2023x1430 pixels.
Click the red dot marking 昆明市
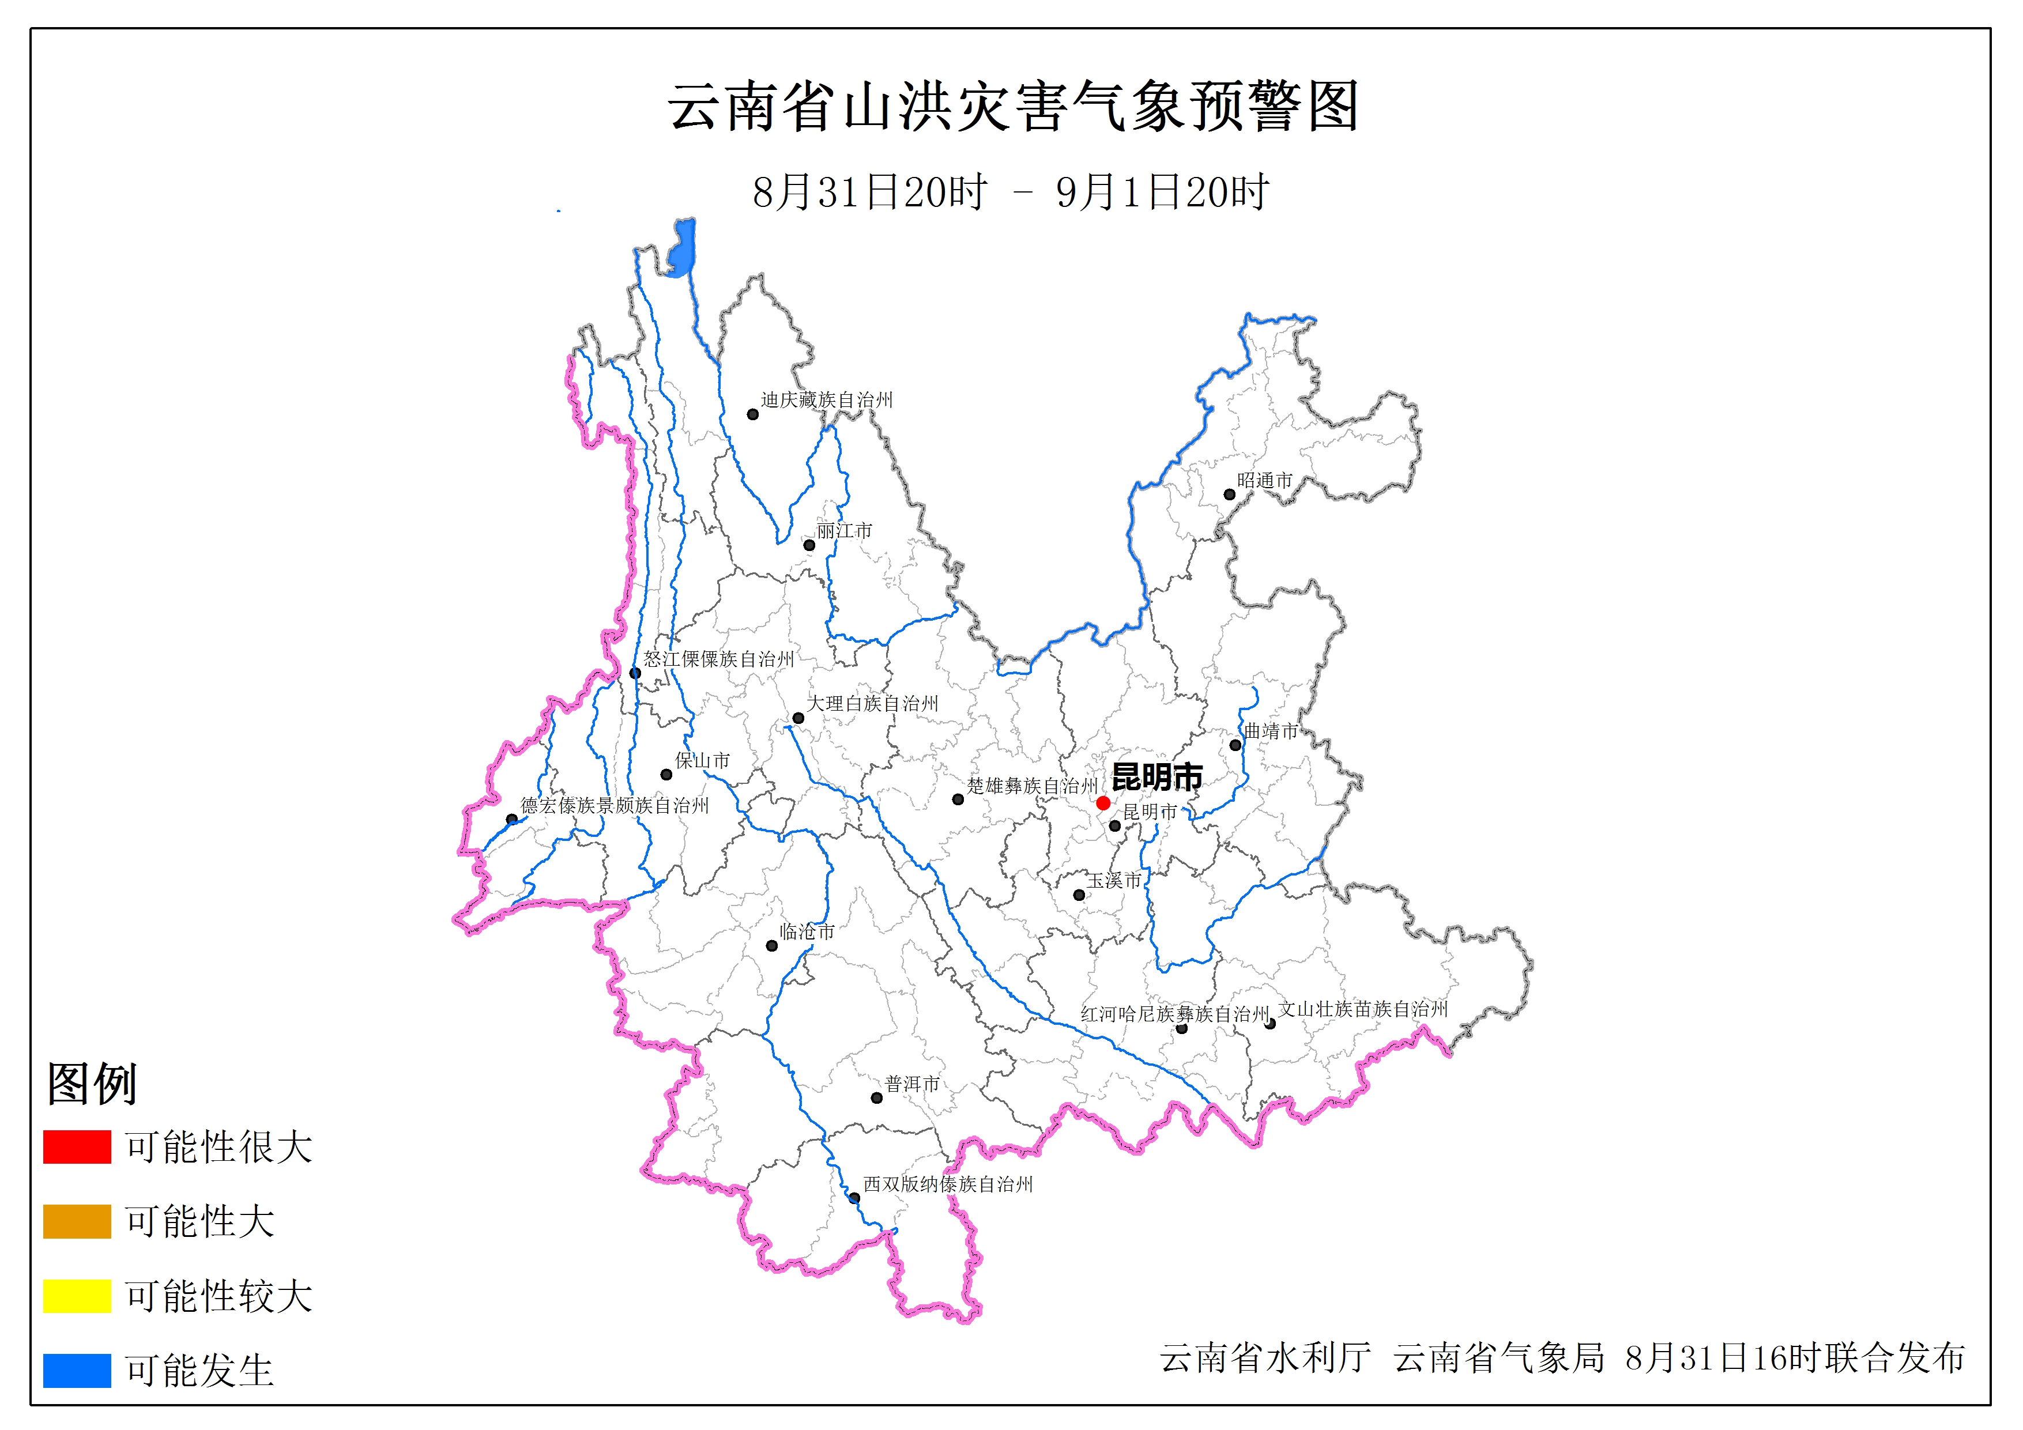point(1103,803)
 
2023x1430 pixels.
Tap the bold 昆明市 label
point(1157,777)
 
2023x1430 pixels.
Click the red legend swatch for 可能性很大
point(77,1146)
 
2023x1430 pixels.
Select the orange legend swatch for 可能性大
point(77,1221)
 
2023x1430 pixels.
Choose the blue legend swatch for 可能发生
point(77,1370)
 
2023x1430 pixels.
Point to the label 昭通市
point(1264,480)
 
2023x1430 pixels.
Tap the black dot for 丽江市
point(809,545)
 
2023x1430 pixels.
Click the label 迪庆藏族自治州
point(827,400)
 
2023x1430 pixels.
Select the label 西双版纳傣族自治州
point(947,1184)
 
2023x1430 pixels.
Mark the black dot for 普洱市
point(877,1098)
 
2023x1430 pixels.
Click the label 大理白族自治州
point(872,703)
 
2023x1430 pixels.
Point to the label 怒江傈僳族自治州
point(718,659)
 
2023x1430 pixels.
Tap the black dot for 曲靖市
point(1235,745)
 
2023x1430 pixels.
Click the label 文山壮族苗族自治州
point(1363,1009)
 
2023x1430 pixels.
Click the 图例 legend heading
point(92,1084)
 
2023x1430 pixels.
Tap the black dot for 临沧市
point(772,946)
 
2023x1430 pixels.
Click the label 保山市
point(702,760)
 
